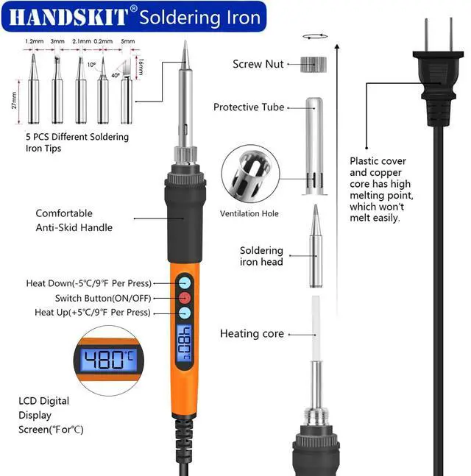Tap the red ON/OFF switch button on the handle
click(x=184, y=298)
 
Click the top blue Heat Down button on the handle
click(x=184, y=283)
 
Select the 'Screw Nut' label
click(x=258, y=64)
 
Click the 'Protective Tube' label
click(x=249, y=107)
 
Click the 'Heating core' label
click(x=252, y=334)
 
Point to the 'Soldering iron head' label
click(x=261, y=256)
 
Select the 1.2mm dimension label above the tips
click(x=34, y=42)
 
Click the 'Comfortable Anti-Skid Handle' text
click(x=74, y=220)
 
